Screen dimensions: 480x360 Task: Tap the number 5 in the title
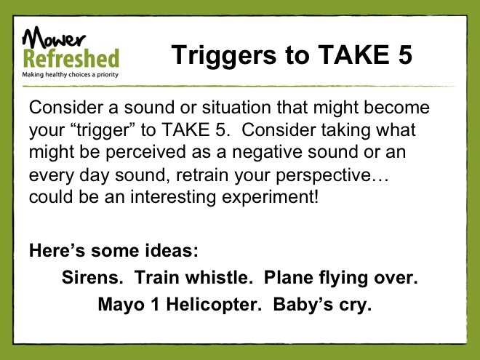[404, 55]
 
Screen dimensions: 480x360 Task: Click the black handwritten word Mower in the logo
[53, 37]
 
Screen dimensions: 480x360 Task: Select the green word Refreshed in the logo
[71, 58]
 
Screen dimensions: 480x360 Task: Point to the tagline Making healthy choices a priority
[70, 74]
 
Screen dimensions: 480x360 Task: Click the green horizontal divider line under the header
[239, 87]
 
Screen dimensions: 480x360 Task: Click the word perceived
[145, 152]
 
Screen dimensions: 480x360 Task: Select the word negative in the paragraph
[267, 152]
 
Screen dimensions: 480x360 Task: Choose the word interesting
[173, 197]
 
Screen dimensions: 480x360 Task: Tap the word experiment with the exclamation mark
[271, 197]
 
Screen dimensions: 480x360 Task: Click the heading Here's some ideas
[114, 250]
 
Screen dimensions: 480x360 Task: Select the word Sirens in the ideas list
[92, 277]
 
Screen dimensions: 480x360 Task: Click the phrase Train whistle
[193, 277]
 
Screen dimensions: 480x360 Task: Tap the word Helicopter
[214, 305]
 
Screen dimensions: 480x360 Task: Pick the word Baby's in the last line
[303, 305]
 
